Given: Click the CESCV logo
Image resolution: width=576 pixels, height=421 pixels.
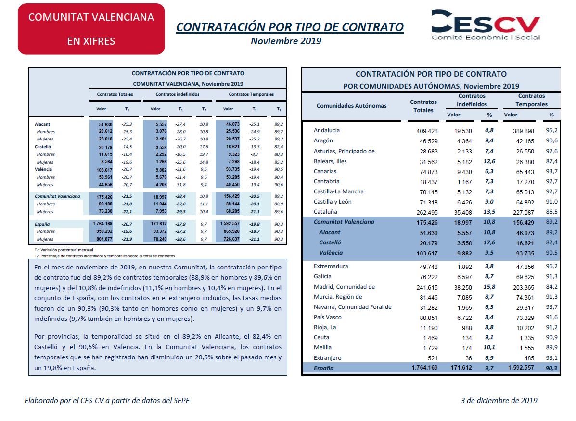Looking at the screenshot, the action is tap(486, 25).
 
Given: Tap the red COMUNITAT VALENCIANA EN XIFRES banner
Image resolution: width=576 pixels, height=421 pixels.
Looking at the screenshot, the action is tap(91, 29).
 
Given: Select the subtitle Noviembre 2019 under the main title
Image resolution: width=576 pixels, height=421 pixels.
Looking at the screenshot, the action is tap(286, 41).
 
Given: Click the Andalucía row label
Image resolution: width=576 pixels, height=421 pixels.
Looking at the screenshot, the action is tap(327, 130).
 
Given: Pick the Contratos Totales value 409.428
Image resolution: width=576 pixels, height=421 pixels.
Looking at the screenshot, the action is tap(427, 131).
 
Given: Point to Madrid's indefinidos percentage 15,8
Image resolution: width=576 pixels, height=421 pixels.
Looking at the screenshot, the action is tap(489, 287).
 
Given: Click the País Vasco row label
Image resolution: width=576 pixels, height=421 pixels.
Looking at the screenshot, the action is tap(327, 317).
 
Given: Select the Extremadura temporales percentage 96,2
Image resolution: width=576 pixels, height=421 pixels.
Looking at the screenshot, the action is tap(551, 267).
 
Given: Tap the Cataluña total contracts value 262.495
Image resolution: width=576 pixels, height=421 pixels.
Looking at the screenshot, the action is tap(427, 212).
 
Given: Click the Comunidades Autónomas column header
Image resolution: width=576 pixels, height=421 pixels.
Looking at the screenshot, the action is tap(352, 106).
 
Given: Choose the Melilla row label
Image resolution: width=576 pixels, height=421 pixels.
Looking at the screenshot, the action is tap(322, 347).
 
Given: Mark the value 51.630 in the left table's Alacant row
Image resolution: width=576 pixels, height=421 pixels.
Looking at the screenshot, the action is tap(106, 125).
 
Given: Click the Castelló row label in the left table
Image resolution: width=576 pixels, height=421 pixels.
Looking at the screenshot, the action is tap(43, 147).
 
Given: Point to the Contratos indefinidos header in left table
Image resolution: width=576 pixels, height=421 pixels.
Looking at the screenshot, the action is tap(178, 94).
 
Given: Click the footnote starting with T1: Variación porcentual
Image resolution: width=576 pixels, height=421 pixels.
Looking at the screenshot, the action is tap(64, 250).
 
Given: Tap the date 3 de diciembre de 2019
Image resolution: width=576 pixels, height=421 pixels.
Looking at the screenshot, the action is tap(499, 401).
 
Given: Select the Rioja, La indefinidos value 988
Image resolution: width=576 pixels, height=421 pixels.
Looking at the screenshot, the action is tap(467, 328).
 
